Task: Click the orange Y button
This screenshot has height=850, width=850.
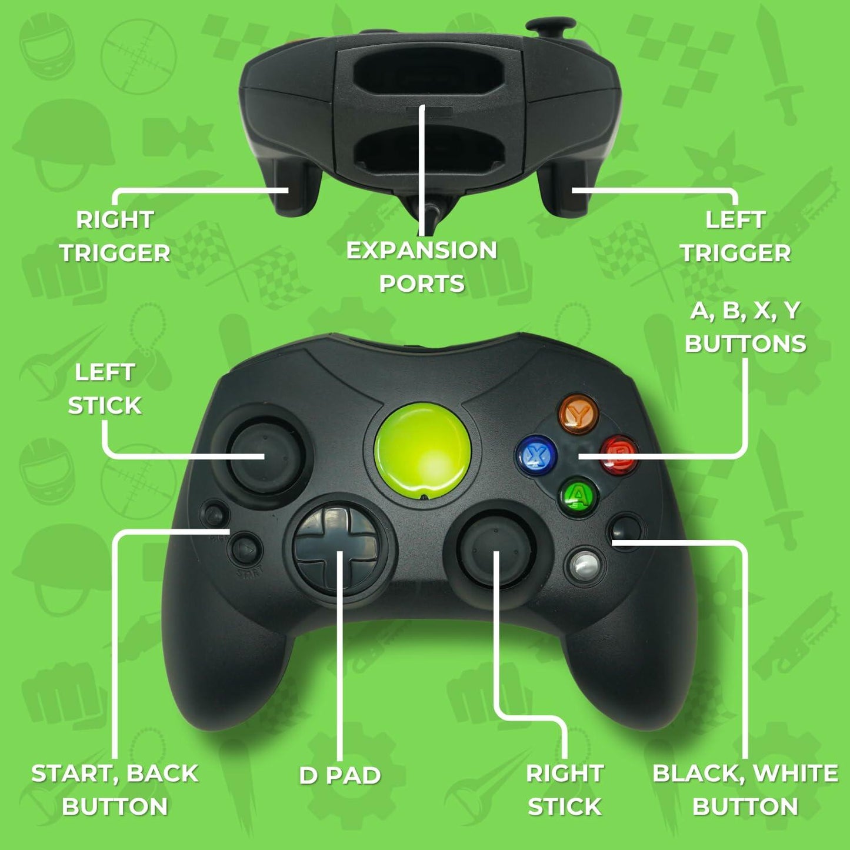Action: [579, 414]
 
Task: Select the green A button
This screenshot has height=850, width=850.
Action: [579, 496]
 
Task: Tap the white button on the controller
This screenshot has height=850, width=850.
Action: [584, 565]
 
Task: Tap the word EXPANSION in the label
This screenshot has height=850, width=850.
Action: [422, 251]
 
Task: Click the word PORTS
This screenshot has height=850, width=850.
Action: [422, 284]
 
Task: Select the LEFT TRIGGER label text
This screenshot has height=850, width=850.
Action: [735, 236]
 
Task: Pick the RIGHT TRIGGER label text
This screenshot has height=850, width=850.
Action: [115, 236]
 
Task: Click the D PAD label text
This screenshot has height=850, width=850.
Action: [340, 775]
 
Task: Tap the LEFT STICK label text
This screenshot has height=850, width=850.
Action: [105, 389]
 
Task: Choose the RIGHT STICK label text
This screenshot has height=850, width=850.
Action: [565, 789]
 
